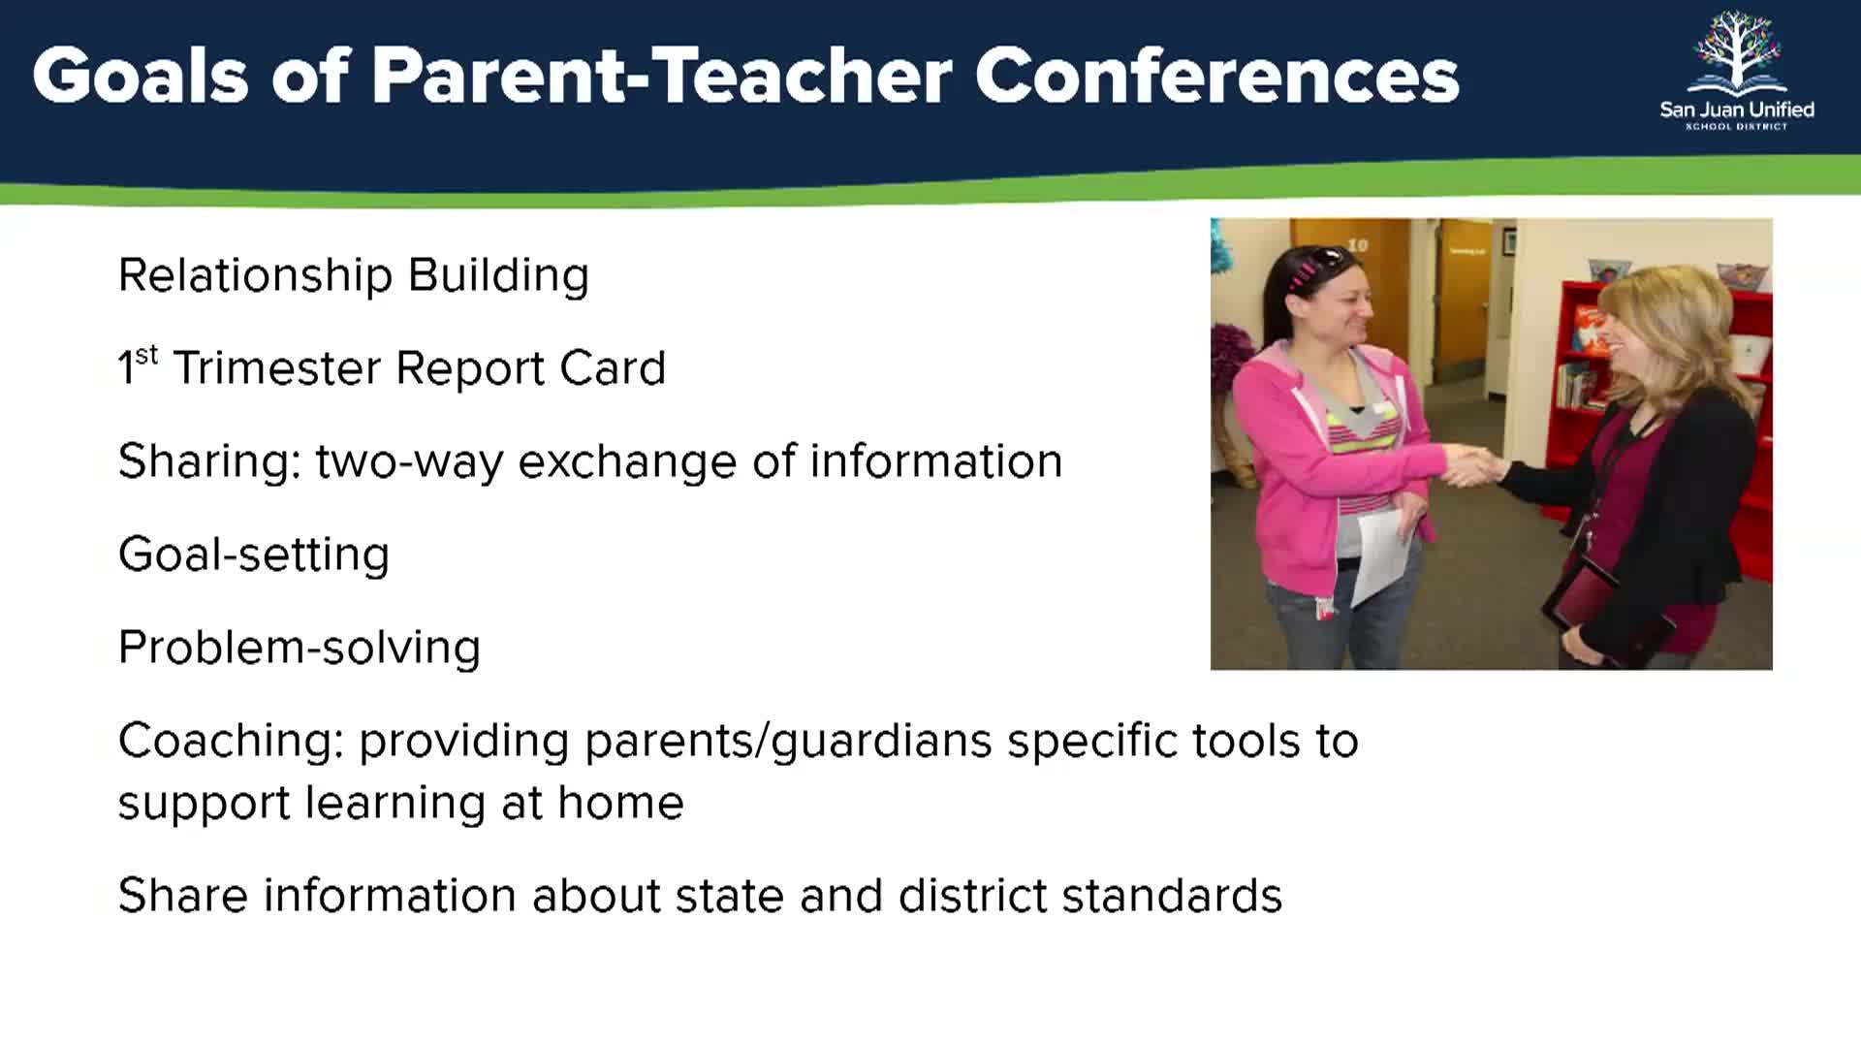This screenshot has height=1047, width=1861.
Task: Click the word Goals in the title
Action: coord(141,75)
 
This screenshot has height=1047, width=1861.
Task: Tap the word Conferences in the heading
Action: coord(1216,75)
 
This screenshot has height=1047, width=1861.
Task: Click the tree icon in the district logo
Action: coord(1737,51)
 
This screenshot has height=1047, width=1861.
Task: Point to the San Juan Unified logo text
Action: coord(1737,110)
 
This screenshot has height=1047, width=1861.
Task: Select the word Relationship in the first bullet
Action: coord(255,276)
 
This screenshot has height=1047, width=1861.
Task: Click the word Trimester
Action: coord(276,368)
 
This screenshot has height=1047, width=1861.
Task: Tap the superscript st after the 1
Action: coord(146,355)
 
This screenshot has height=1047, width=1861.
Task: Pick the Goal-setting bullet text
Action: coord(254,555)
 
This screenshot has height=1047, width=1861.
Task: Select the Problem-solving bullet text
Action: coord(300,648)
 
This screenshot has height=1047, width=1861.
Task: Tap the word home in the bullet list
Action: coord(620,803)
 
